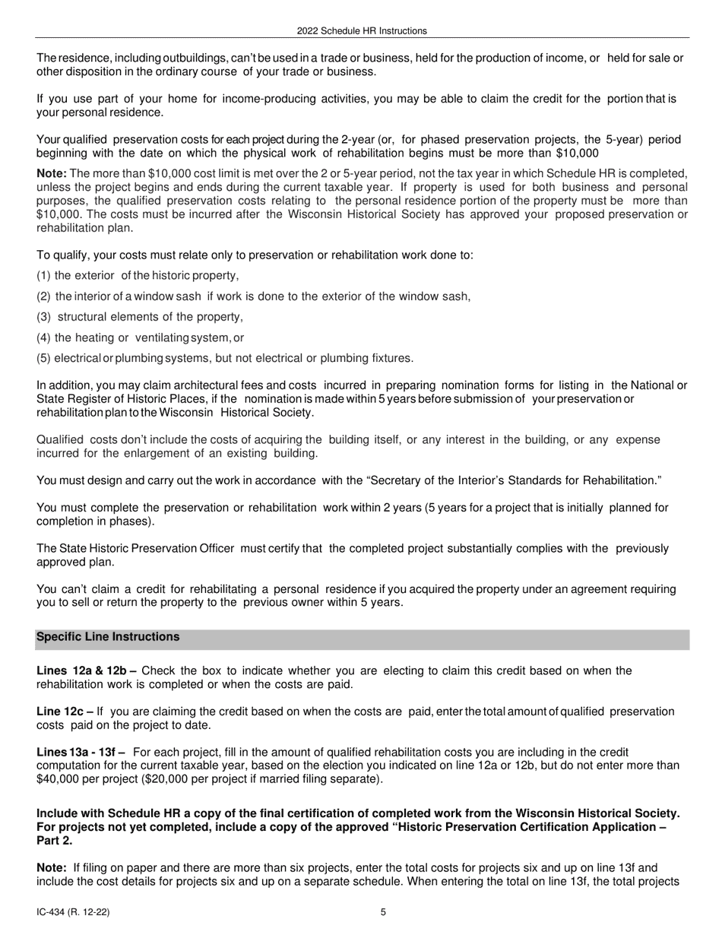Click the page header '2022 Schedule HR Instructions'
362,31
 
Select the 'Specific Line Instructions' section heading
108,637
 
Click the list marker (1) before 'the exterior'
44,276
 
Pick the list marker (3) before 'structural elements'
44,317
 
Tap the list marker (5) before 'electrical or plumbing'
44,358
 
